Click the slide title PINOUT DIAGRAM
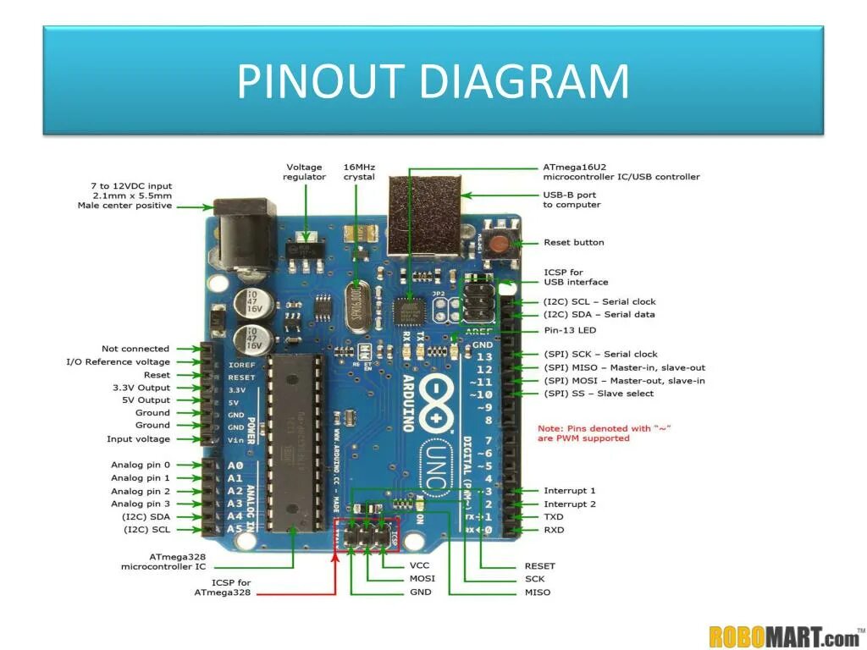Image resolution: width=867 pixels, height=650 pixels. [433, 82]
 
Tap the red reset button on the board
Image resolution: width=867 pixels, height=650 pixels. [500, 245]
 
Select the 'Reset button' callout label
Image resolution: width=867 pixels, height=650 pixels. [573, 243]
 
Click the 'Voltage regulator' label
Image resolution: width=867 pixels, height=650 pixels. [304, 172]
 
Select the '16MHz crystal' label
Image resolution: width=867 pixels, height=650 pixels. [359, 172]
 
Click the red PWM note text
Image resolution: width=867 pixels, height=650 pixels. [604, 433]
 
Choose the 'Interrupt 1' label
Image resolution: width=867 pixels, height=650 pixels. [569, 491]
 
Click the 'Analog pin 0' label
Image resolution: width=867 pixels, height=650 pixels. [140, 465]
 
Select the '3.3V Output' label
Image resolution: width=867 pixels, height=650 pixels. [142, 388]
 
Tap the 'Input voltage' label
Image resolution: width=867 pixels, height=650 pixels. [138, 439]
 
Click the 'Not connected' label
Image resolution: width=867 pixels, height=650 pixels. [135, 349]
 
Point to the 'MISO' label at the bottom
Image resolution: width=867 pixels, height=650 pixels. [537, 592]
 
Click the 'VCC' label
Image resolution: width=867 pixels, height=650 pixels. [421, 565]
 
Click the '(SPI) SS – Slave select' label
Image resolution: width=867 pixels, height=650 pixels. [599, 394]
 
